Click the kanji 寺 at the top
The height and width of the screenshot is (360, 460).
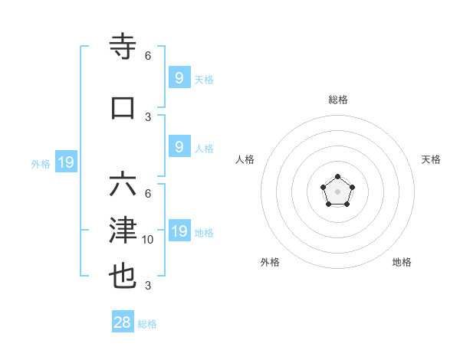(x=123, y=47)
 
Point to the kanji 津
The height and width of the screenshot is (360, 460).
(x=123, y=231)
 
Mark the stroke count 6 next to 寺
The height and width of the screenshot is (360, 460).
(x=148, y=56)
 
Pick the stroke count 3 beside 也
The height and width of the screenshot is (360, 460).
(x=148, y=286)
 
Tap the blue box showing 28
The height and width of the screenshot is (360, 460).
(x=123, y=322)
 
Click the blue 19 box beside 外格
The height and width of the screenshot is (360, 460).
(x=65, y=162)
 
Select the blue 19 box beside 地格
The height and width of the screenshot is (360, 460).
(x=179, y=231)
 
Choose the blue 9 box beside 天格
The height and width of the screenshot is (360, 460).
(x=179, y=77)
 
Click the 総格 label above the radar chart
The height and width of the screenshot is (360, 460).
(x=338, y=100)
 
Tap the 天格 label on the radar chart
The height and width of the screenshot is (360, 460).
(x=432, y=159)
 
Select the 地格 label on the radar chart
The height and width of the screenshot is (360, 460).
(x=402, y=262)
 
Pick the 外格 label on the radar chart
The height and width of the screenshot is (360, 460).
(x=270, y=262)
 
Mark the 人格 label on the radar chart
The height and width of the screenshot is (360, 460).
(x=245, y=159)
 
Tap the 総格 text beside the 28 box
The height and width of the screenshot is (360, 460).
(x=147, y=324)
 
